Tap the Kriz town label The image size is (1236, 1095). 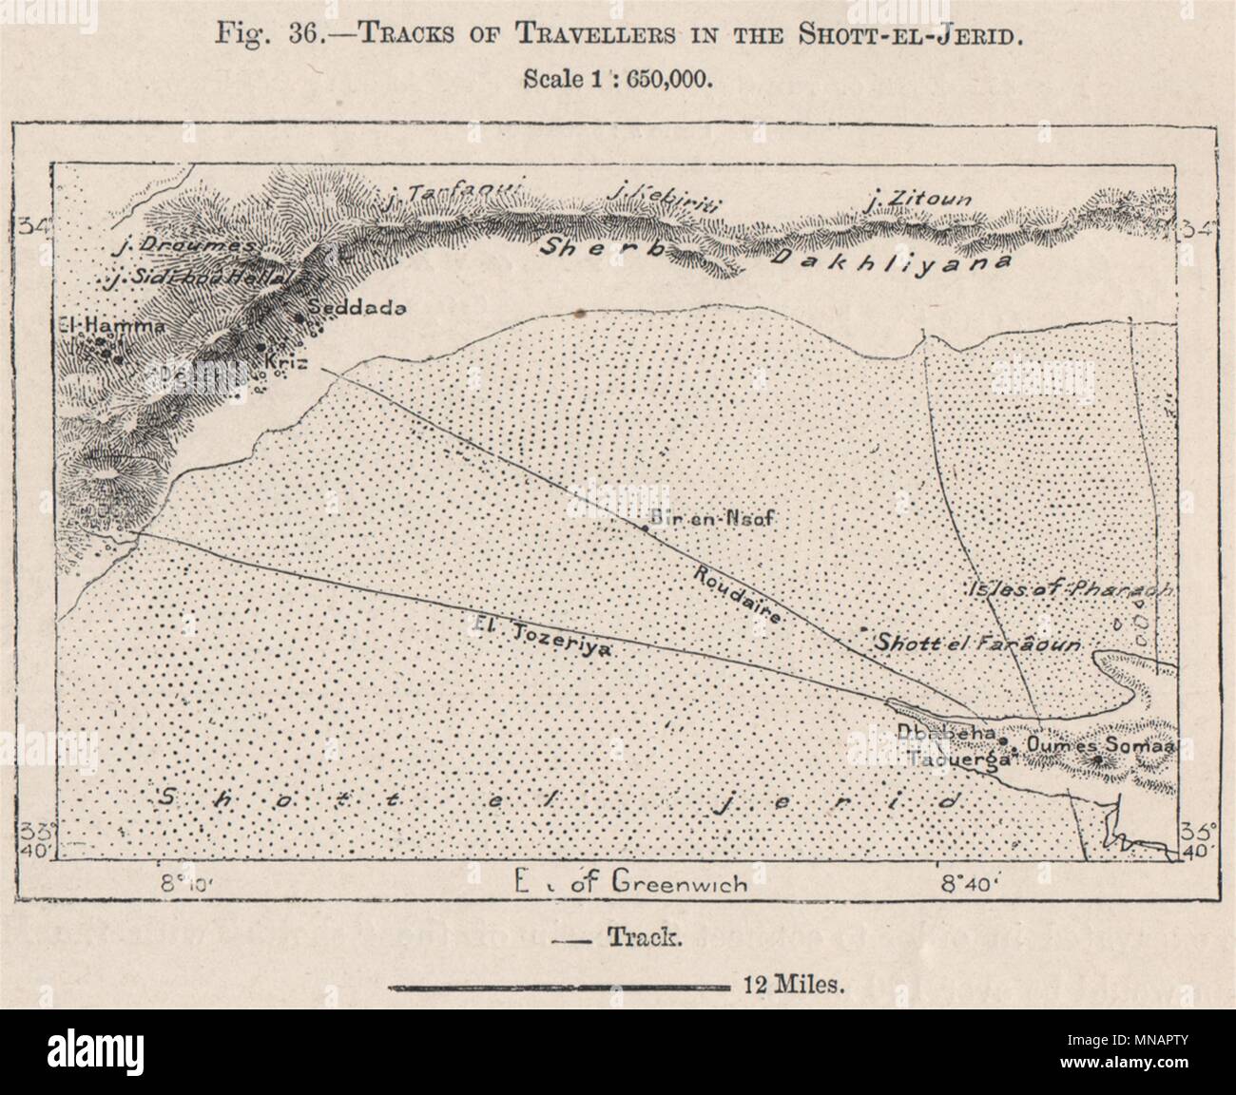point(287,362)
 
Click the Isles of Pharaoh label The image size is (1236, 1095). point(1070,589)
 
